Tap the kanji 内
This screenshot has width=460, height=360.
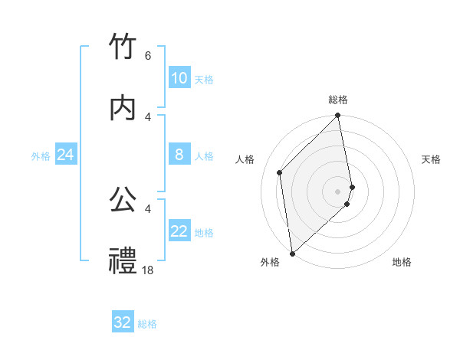[123, 107]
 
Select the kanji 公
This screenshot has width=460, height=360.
[123, 201]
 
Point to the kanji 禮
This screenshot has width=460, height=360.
[123, 261]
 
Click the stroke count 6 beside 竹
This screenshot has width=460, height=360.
[147, 56]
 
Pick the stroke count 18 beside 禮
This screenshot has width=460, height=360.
[148, 270]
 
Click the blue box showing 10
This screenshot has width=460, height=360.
[179, 78]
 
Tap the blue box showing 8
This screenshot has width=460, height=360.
[179, 155]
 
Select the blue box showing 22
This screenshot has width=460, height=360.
[179, 232]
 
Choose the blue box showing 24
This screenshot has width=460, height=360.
[66, 155]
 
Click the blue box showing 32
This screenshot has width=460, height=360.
[123, 322]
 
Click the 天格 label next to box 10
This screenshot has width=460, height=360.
[204, 80]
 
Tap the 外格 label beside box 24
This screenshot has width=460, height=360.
[41, 156]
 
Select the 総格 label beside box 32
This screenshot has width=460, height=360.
[147, 324]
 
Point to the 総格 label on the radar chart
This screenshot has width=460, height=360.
[338, 100]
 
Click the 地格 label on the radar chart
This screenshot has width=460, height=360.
[402, 262]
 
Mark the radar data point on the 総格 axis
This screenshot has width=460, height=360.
[338, 116]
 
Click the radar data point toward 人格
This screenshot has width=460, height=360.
[280, 172]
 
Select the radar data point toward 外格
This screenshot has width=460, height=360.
[291, 253]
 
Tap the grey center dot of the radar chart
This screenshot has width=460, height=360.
[338, 191]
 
